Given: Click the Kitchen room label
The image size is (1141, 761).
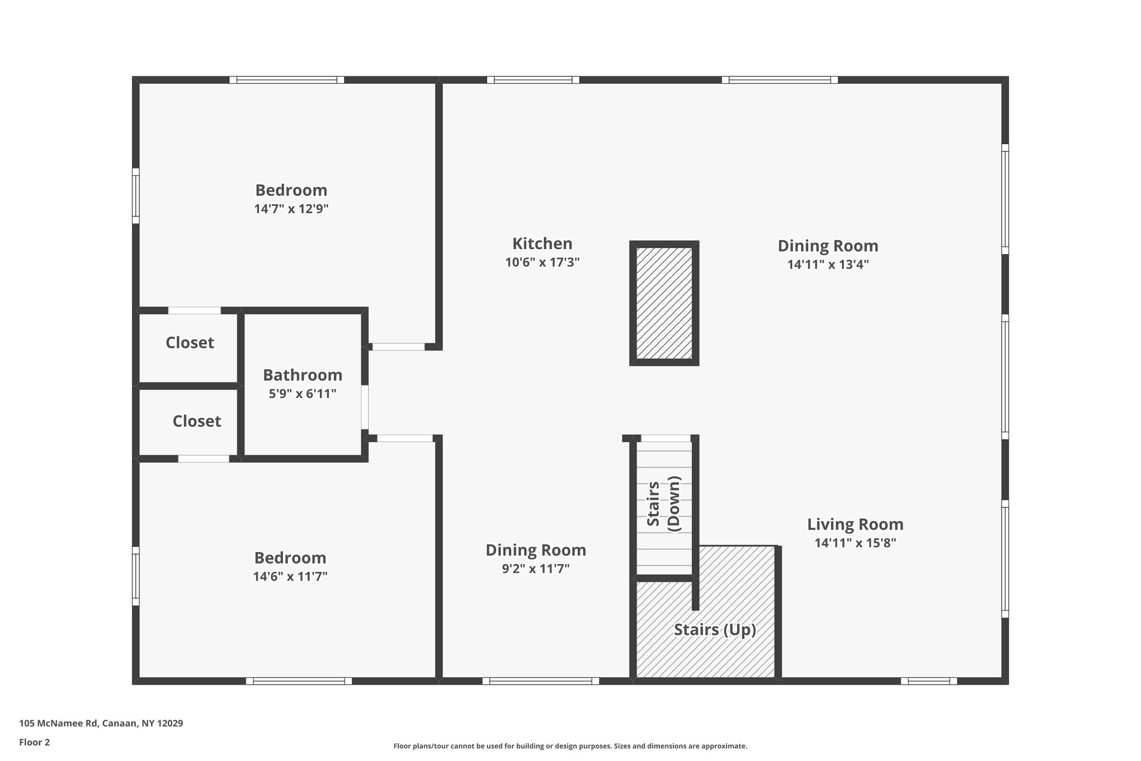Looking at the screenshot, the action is click(542, 244).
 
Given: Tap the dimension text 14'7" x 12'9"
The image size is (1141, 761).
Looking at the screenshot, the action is click(291, 209).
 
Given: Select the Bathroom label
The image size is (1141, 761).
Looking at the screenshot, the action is click(303, 375).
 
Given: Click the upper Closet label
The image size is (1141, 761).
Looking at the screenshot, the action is click(189, 342).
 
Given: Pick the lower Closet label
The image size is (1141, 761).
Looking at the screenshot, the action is click(197, 421).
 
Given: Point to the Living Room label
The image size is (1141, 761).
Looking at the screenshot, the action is click(855, 524).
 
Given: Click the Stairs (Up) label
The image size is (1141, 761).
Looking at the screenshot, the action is click(715, 629).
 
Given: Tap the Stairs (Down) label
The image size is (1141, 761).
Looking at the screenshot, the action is click(664, 504).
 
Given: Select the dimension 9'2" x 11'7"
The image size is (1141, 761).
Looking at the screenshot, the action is click(535, 569).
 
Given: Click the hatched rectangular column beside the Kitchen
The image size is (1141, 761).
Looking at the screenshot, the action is click(664, 303).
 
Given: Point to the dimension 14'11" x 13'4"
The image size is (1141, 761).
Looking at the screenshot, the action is click(828, 264).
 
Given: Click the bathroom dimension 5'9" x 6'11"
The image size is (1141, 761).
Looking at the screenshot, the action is click(303, 394).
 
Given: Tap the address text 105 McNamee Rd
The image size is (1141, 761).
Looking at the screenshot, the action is click(59, 724).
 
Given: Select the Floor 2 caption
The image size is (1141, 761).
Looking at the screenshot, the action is click(35, 742).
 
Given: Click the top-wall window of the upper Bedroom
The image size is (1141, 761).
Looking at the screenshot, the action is click(286, 80).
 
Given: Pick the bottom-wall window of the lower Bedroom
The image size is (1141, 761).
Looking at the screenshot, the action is click(299, 681).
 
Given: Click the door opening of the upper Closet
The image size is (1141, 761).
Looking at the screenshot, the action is click(194, 311).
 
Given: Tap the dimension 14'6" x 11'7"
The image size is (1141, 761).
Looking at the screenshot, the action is click(290, 576).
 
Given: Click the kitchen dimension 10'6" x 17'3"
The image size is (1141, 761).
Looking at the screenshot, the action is click(542, 262).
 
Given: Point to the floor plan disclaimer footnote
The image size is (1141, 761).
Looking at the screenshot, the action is click(570, 746).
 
